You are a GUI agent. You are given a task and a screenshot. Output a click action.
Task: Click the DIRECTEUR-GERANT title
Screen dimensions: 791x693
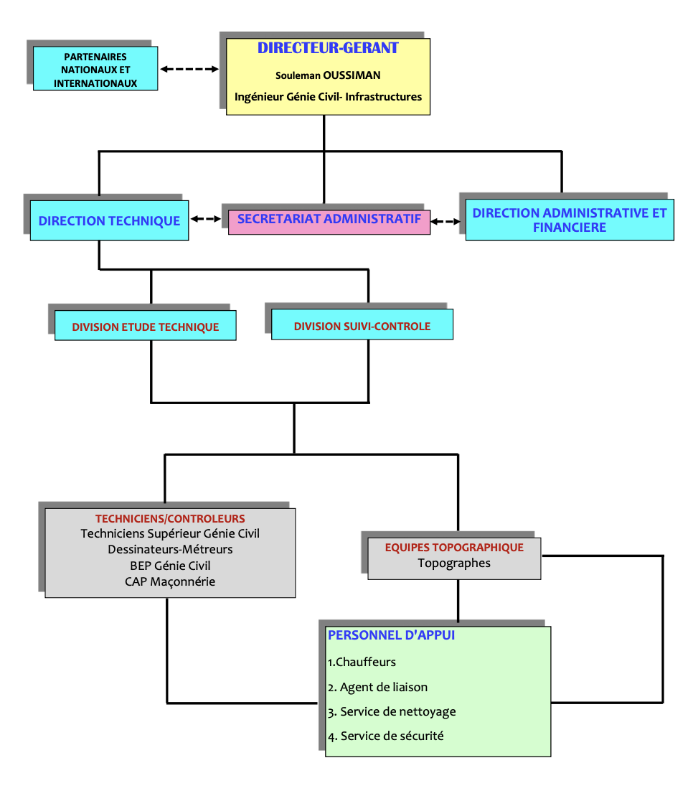(x=328, y=49)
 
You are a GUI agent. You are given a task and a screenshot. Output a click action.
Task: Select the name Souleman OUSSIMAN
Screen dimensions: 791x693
(x=328, y=75)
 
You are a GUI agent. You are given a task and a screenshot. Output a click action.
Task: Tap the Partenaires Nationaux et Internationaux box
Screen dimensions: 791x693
(x=95, y=70)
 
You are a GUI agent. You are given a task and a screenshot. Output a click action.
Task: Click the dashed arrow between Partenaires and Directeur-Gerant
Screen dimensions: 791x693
(x=189, y=70)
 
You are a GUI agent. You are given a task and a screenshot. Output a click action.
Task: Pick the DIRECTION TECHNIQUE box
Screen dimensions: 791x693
(x=109, y=221)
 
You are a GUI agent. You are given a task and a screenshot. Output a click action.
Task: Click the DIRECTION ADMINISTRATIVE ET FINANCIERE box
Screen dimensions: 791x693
(x=569, y=220)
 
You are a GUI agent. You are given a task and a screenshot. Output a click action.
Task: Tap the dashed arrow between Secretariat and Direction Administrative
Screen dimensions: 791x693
(x=446, y=222)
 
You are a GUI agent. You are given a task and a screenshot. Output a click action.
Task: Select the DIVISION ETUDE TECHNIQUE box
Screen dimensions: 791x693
(x=145, y=327)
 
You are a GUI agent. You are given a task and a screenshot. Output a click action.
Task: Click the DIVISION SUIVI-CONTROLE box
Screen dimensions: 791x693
(x=362, y=326)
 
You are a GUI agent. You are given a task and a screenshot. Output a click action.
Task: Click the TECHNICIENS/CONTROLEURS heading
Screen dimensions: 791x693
(x=170, y=518)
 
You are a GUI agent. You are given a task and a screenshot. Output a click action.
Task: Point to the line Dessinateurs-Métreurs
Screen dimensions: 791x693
(x=170, y=549)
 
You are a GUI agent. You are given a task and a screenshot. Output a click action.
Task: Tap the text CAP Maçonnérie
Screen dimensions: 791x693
(x=170, y=581)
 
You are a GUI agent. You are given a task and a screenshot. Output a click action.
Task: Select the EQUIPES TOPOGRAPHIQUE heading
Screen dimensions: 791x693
(x=454, y=547)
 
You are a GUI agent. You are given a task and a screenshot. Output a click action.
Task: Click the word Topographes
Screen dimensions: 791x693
(x=454, y=563)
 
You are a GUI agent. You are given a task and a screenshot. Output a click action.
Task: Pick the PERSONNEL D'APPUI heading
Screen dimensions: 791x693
(x=391, y=635)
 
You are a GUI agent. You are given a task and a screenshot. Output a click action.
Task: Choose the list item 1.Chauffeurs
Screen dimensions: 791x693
(x=362, y=662)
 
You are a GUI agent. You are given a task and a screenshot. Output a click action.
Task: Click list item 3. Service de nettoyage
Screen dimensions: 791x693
(x=391, y=712)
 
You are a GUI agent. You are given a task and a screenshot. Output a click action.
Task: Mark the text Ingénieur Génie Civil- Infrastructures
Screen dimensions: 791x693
(x=328, y=96)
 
